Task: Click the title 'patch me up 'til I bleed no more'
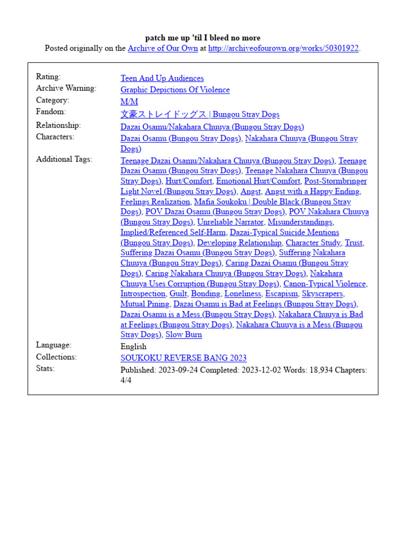(202, 38)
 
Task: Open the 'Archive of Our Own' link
(163, 49)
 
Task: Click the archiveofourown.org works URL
(283, 49)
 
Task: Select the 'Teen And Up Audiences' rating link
(162, 78)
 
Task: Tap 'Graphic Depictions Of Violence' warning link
(175, 90)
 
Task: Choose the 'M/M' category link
(129, 101)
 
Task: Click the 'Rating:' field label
(48, 77)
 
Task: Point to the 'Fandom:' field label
(51, 112)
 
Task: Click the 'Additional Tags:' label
(64, 159)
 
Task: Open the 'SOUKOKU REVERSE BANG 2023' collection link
(183, 358)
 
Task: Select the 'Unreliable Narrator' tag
(230, 222)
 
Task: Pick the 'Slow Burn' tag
(183, 334)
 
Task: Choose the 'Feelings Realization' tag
(155, 202)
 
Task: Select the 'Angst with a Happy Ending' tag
(312, 191)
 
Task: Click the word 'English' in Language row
(133, 347)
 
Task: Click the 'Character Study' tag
(313, 243)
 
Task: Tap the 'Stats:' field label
(45, 368)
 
